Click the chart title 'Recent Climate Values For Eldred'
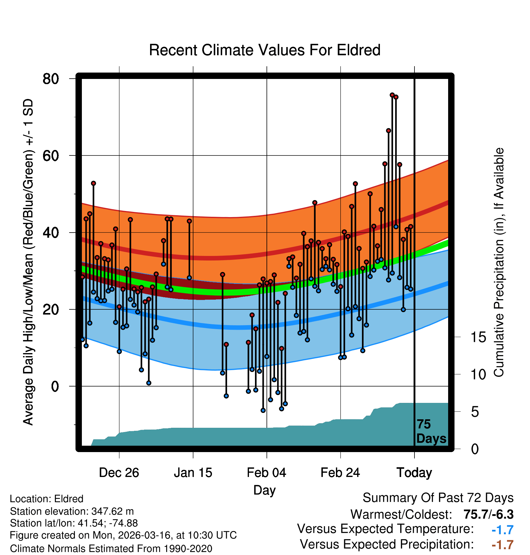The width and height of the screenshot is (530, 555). tap(264, 50)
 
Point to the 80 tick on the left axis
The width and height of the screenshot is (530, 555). tap(51, 79)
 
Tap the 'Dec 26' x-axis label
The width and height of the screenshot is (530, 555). tap(119, 473)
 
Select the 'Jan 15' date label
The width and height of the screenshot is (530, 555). tap(193, 473)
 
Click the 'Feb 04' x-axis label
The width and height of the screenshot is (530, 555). tap(267, 473)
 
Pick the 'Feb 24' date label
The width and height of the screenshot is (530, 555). tap(340, 473)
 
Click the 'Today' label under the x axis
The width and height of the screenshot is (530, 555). tap(414, 473)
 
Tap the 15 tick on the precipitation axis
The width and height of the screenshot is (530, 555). tap(478, 337)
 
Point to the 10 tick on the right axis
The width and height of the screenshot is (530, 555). tap(478, 375)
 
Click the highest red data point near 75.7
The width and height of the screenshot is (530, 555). tap(392, 95)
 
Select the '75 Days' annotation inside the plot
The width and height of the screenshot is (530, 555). tap(431, 431)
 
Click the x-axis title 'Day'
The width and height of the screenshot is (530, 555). tap(264, 490)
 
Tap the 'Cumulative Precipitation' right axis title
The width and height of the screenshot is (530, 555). tap(499, 263)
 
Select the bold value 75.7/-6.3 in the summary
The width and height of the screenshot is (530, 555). tap(488, 514)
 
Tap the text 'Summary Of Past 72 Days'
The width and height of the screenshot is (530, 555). tap(438, 498)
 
